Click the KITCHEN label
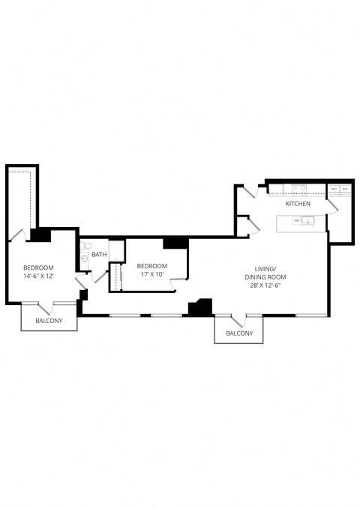coord(298,204)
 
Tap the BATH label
coord(99,255)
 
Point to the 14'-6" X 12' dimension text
coord(37,276)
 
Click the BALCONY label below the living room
coord(238,333)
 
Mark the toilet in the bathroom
coord(86,247)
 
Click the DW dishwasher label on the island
coord(297,221)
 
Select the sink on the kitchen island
coord(308,221)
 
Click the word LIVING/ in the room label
coord(265,268)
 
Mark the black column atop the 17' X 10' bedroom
coord(175,243)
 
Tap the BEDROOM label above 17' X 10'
coord(151,266)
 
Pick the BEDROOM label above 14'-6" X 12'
coord(37,268)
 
